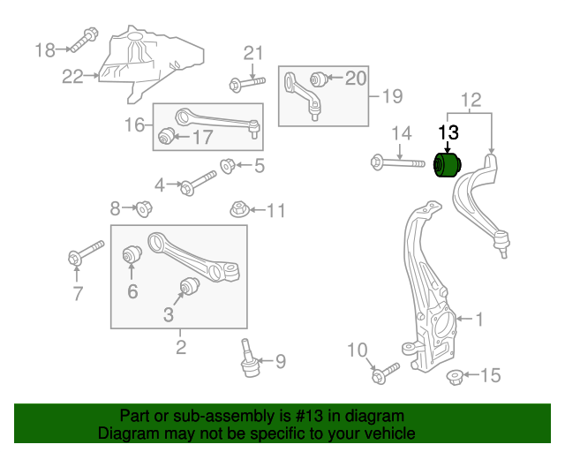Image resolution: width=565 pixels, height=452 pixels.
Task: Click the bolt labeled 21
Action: point(245,83)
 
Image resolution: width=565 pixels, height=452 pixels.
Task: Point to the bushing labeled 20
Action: point(319,79)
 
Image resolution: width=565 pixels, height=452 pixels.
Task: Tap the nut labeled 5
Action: point(226,164)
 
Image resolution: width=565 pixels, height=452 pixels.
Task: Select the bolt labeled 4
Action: point(199,185)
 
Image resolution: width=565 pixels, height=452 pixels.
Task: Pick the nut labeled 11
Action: point(237,210)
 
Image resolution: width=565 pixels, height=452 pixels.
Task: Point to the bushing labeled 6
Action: point(132,255)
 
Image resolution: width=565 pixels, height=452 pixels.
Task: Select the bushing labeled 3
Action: point(187,286)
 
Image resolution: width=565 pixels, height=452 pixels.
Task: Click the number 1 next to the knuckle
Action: point(479,319)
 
